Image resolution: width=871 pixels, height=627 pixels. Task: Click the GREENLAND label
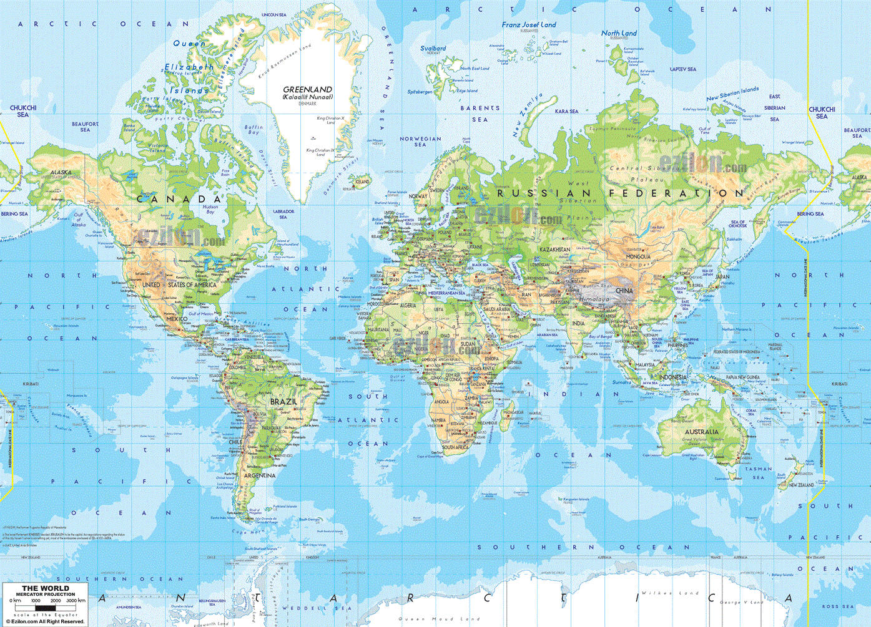[307, 90]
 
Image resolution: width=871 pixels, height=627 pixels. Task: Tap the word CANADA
[179, 199]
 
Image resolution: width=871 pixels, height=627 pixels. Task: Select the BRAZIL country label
[283, 402]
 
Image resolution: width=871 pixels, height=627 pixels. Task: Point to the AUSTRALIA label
[701, 432]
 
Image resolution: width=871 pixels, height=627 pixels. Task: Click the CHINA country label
[624, 291]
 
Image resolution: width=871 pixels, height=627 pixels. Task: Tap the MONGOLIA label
[638, 256]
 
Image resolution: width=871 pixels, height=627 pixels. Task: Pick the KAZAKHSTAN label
[554, 250]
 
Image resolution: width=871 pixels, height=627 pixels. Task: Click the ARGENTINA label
[260, 475]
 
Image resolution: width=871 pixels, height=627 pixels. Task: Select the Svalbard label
[433, 48]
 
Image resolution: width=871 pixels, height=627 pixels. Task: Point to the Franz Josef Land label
[528, 25]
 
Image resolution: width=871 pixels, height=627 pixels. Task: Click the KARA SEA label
[566, 111]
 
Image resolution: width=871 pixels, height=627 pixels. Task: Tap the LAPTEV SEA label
[683, 69]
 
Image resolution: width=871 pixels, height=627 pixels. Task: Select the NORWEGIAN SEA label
[420, 142]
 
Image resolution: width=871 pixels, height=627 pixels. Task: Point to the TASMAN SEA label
[759, 473]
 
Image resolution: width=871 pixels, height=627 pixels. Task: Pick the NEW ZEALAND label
[801, 485]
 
